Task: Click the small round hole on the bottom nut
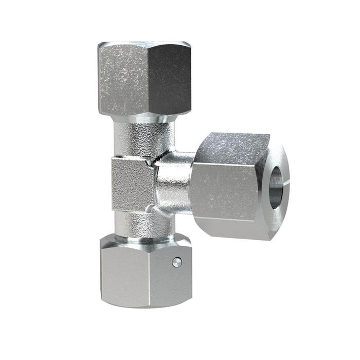click(x=176, y=262)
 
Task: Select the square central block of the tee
click(x=132, y=184)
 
